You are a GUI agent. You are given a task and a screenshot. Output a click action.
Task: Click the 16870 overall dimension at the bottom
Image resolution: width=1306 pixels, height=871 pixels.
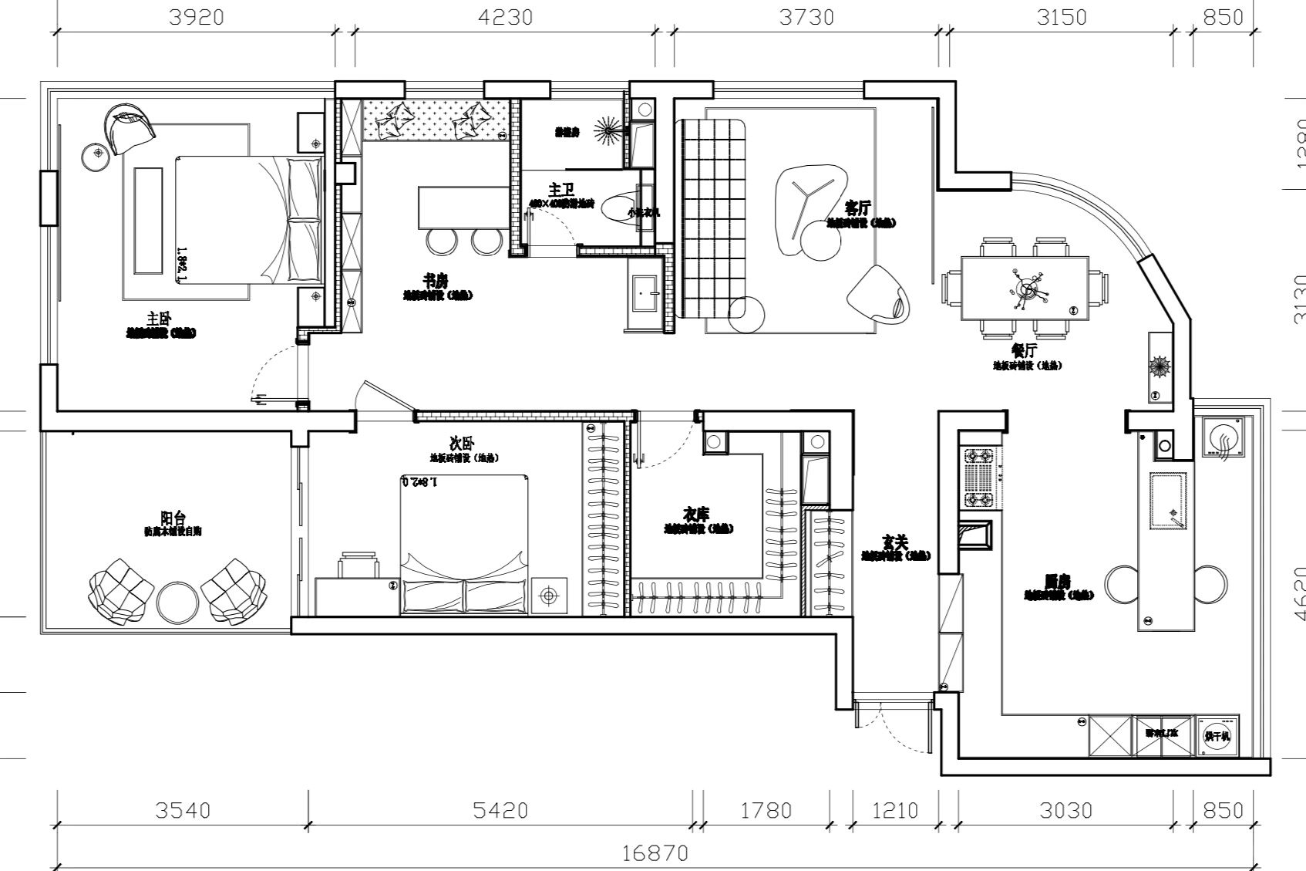click(655, 854)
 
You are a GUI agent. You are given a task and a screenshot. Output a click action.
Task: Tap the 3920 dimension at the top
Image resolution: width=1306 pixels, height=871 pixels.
click(196, 16)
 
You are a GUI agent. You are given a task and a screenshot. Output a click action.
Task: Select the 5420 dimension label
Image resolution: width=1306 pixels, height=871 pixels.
click(501, 810)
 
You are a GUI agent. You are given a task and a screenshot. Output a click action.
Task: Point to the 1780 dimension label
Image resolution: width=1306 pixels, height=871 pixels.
click(766, 810)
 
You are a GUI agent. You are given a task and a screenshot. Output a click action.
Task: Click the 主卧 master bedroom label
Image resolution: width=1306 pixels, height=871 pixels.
click(160, 319)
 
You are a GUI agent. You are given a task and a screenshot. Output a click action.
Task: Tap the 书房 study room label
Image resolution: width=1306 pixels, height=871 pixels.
click(436, 280)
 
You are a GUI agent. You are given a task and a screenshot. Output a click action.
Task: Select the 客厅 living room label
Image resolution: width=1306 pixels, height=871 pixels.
click(858, 208)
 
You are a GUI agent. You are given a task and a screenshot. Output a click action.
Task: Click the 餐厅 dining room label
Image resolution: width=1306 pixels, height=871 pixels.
click(1026, 351)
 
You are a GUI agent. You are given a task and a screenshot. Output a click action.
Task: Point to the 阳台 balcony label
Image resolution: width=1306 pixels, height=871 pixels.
click(173, 518)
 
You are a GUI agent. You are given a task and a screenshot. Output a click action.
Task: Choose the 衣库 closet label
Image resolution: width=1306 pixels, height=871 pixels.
click(696, 514)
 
